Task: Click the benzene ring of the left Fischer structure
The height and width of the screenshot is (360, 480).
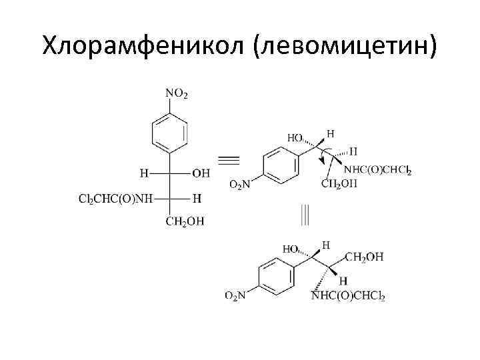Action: click(x=168, y=133)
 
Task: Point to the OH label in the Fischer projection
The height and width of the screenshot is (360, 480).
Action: click(x=201, y=173)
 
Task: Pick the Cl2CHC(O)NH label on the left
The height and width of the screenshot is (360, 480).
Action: click(x=115, y=199)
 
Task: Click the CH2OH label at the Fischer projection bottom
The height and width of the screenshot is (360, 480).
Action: click(x=186, y=222)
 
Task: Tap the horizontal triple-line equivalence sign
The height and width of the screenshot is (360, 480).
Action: click(x=229, y=159)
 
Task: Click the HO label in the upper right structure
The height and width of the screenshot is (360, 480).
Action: click(x=294, y=138)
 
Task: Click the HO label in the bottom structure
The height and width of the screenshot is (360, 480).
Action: click(x=291, y=249)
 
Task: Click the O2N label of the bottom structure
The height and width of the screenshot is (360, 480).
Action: click(x=234, y=296)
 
